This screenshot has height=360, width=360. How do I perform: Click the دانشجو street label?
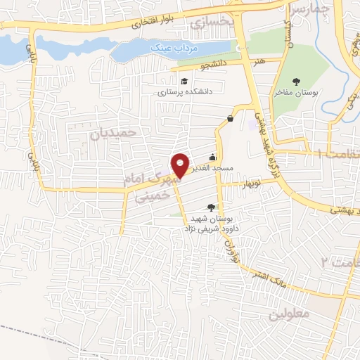(x=215, y=65)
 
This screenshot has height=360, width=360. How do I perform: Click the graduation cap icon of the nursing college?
(x=184, y=79)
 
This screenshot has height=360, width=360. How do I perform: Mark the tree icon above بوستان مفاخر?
(x=295, y=82)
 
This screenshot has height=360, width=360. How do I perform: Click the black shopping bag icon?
(x=230, y=118)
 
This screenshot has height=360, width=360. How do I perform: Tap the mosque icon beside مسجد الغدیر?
(x=213, y=157)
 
